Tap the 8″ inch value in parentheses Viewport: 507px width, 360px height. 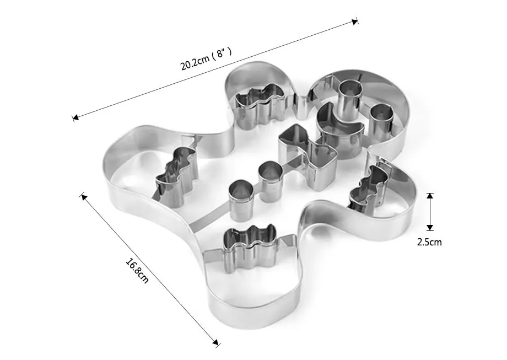coord(222,53)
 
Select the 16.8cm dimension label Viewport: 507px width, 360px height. coord(137,270)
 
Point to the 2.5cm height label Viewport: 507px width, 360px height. coord(429,242)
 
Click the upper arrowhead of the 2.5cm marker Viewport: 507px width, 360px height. coord(430,196)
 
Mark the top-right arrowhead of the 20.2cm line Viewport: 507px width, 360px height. coord(355,22)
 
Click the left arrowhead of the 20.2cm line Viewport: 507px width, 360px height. coord(75,117)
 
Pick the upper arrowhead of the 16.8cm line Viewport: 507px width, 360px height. coord(83,196)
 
